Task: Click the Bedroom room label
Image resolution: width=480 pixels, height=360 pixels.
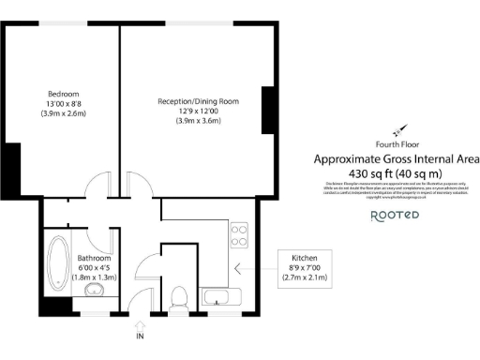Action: tap(64, 93)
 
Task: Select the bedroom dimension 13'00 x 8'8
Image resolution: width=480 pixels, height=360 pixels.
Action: tap(64, 103)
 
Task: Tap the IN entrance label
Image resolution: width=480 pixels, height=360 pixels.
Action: tap(140, 335)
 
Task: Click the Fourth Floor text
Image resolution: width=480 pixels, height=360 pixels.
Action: tap(396, 144)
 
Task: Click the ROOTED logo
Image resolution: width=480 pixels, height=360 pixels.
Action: tap(395, 216)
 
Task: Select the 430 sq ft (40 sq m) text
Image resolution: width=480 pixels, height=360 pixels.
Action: tap(396, 173)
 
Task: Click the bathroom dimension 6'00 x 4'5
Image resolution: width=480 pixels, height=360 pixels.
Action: tap(95, 267)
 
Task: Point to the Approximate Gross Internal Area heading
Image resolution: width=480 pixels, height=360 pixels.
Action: tap(396, 159)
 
